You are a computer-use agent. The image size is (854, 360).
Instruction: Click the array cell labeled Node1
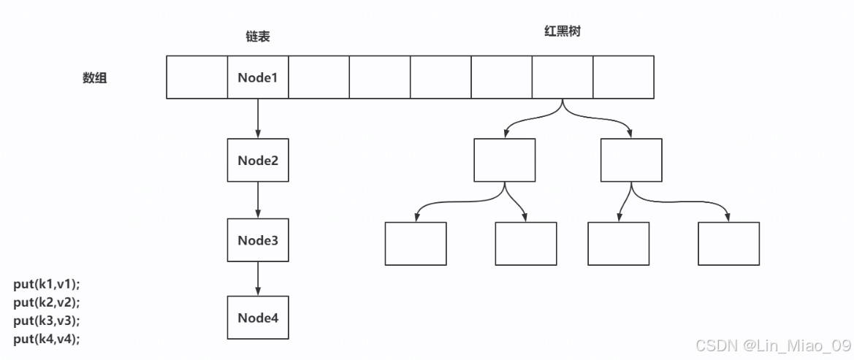(x=258, y=77)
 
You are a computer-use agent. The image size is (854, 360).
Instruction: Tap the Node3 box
(x=258, y=240)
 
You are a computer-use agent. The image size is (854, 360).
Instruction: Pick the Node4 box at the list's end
(x=258, y=318)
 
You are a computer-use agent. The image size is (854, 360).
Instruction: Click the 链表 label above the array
(x=257, y=37)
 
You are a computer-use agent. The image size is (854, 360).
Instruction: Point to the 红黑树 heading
(x=562, y=33)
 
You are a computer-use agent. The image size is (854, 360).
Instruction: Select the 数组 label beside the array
(x=94, y=78)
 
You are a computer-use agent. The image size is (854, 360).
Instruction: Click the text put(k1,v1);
(x=47, y=283)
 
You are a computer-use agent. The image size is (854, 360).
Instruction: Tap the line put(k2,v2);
(x=47, y=302)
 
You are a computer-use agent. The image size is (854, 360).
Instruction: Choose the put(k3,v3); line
(x=47, y=320)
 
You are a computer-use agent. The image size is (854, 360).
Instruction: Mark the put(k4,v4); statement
(x=47, y=338)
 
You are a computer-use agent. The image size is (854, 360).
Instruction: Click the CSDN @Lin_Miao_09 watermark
(x=772, y=344)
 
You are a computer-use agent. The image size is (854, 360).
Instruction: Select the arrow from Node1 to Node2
(x=258, y=119)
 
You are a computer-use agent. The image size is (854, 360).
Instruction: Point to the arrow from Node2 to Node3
(x=258, y=201)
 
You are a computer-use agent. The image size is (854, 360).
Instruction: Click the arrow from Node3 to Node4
(x=258, y=279)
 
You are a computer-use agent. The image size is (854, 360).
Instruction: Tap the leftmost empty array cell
(x=197, y=77)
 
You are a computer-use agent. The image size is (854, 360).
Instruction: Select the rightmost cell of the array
(x=623, y=77)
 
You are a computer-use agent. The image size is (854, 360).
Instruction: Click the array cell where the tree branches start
(x=562, y=77)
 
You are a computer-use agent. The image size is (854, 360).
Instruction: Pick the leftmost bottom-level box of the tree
(x=415, y=244)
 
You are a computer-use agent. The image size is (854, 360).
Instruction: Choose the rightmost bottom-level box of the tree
(x=728, y=244)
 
